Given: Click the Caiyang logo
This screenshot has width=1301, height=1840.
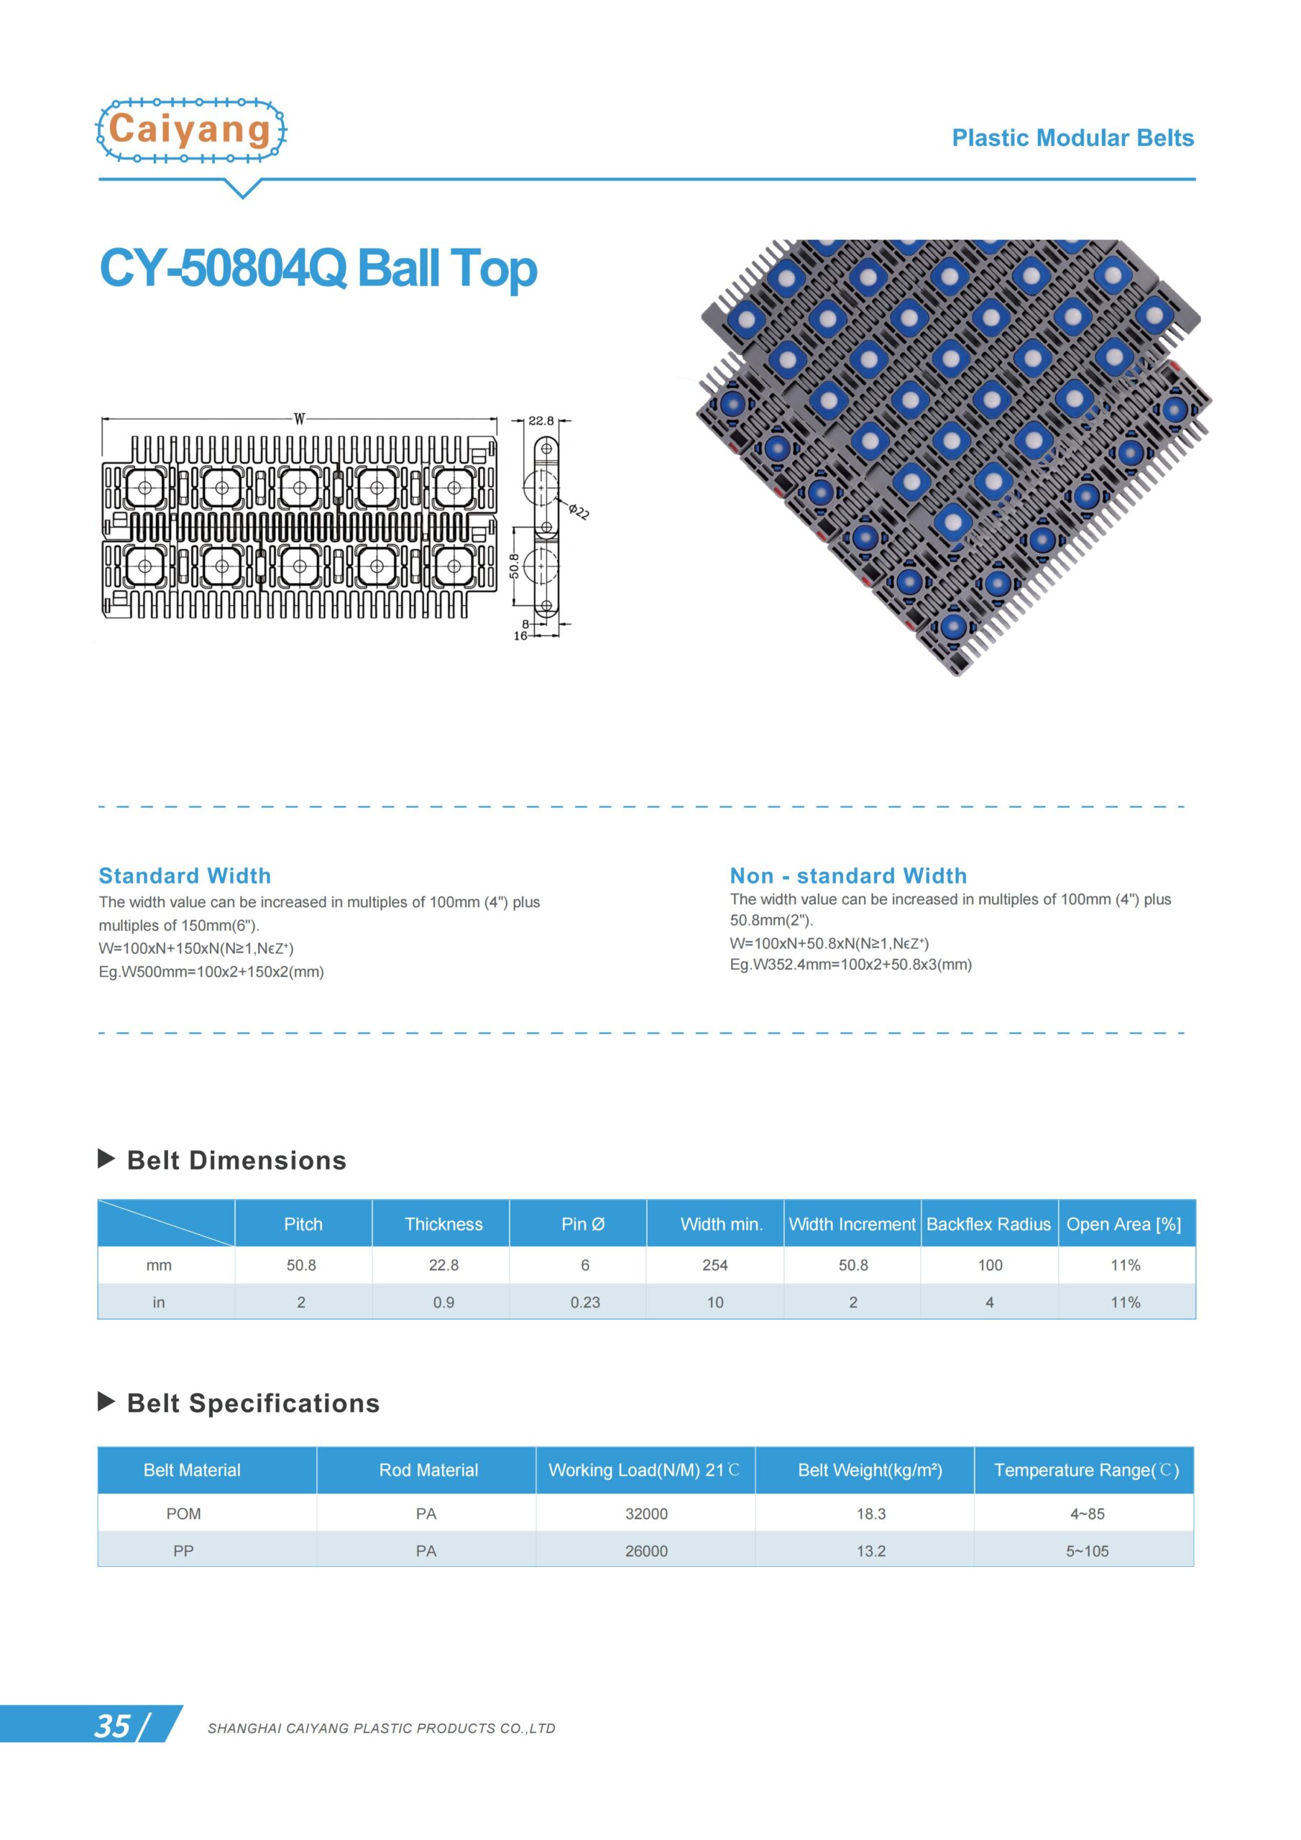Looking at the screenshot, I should pos(190,130).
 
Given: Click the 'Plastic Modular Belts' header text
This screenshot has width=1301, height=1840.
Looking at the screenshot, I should pos(1072,138).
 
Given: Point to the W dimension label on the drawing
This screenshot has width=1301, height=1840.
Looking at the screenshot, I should pos(299,418).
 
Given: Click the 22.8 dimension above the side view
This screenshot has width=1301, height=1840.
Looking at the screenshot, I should pos(541,420).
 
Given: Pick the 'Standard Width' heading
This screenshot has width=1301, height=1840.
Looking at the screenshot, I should pos(185,875).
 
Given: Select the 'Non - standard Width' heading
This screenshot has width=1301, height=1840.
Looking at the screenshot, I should pos(848,875).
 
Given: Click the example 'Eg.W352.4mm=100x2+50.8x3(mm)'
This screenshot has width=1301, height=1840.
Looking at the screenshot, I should pos(850,965).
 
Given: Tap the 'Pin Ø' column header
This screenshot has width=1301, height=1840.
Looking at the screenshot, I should pos(583,1224).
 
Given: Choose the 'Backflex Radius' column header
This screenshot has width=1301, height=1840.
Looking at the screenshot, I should pos(988,1224).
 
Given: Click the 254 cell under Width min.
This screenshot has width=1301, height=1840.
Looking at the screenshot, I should pos(714,1264).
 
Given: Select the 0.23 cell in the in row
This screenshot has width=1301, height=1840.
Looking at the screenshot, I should pos(584,1302).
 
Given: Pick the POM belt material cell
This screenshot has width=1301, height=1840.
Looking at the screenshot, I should pos(183,1513).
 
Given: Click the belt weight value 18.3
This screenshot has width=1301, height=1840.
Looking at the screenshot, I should pos(870,1513).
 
